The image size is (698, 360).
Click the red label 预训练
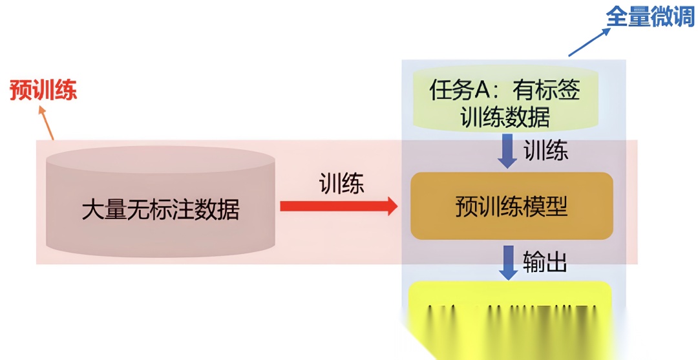(43, 90)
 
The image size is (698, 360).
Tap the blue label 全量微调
(650, 17)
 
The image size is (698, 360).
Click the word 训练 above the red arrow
(342, 184)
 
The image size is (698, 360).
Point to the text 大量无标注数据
(160, 210)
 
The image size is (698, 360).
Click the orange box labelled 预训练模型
(511, 206)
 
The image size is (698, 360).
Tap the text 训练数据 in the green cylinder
(505, 117)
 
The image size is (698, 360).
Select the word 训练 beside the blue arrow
(545, 151)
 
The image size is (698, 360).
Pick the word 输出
(545, 262)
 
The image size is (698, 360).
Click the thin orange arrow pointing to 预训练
(47, 122)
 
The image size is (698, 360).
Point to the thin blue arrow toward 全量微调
(587, 41)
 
